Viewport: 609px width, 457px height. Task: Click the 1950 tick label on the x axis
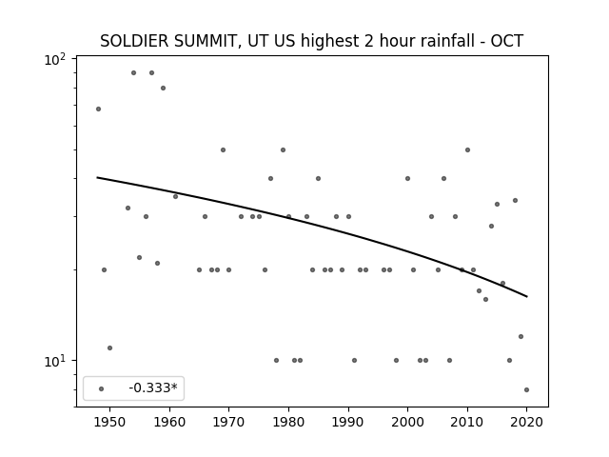[x=110, y=422]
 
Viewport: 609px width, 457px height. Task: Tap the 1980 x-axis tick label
[x=288, y=422]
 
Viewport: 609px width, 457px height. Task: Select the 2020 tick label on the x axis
[x=526, y=422]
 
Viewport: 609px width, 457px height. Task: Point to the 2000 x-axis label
[x=408, y=422]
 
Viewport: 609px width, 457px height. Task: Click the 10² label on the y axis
[x=55, y=60]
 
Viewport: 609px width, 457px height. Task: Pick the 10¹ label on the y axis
[x=55, y=362]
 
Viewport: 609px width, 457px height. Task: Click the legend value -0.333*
[x=153, y=387]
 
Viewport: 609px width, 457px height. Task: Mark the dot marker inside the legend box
[x=102, y=388]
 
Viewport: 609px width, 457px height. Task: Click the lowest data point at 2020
[x=526, y=389]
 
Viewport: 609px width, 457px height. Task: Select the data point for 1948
[x=98, y=109]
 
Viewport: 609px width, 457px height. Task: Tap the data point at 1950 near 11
[x=110, y=348]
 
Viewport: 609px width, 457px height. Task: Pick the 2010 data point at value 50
[x=467, y=149]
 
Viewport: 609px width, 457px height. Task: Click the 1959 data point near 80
[x=163, y=88]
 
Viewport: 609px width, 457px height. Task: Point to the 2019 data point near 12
[x=521, y=336]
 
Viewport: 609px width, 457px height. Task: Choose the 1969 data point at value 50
[x=223, y=149]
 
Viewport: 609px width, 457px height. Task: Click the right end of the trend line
[x=527, y=297]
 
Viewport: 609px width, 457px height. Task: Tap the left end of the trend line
[x=97, y=178]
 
